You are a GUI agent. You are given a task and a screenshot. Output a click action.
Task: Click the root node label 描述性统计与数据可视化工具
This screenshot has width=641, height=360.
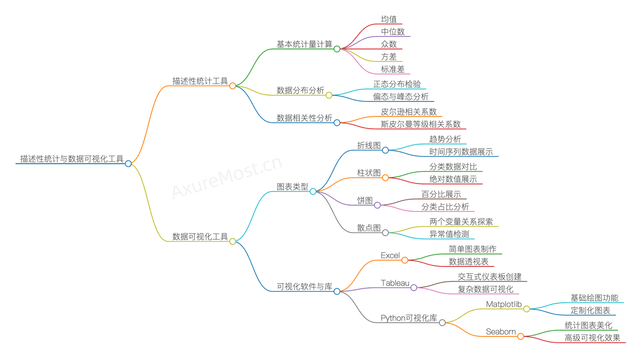(72, 159)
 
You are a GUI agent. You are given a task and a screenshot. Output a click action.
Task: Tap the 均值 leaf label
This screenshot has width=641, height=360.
(389, 19)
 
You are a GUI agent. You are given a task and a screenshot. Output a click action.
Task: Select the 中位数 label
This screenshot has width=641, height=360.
(393, 32)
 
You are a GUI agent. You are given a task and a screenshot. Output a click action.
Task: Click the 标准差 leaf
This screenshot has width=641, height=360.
(393, 69)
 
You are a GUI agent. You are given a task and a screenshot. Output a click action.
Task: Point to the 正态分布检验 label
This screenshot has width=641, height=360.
(397, 84)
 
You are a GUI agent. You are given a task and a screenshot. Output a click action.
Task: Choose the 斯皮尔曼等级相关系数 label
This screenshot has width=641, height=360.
(421, 124)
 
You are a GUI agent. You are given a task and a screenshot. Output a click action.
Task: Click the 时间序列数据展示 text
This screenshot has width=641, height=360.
(461, 152)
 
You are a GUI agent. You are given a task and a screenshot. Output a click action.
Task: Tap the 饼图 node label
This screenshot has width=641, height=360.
(365, 200)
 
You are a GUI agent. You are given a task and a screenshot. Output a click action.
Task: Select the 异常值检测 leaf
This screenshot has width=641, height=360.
(449, 235)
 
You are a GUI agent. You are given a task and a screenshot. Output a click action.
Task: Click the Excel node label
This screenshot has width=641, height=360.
(390, 255)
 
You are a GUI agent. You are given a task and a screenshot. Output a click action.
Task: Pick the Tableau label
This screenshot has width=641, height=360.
(395, 283)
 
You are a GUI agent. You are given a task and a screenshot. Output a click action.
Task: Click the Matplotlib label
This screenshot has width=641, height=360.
(504, 304)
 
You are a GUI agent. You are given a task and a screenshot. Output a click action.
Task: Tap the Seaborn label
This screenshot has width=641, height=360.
(501, 331)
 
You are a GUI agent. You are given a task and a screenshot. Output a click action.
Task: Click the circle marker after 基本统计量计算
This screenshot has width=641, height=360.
(337, 49)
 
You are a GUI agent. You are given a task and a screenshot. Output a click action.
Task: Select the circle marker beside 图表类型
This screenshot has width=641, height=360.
(313, 191)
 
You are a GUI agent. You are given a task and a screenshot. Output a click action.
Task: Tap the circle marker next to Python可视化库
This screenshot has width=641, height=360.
(442, 323)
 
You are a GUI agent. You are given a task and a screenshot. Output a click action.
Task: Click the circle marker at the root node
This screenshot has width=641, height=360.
(129, 164)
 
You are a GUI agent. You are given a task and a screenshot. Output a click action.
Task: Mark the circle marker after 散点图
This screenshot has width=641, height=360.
(385, 233)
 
